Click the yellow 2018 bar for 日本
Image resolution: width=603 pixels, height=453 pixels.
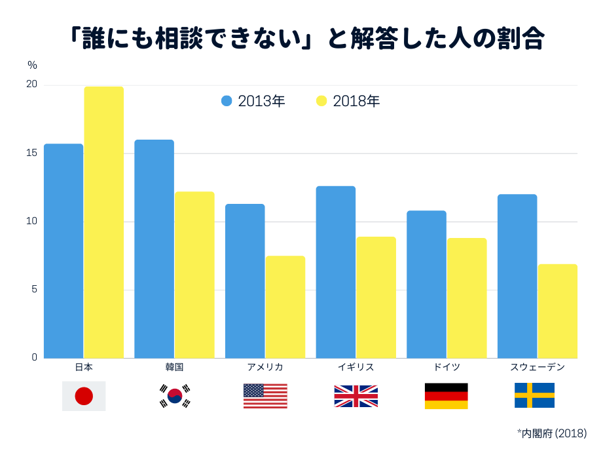point(103,223)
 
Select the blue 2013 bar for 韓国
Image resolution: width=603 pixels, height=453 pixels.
point(154,249)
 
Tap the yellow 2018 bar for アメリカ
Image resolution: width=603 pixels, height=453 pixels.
point(285,307)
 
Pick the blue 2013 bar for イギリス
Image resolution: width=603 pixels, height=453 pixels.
point(335,272)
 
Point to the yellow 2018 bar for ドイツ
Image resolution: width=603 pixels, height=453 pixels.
point(466,298)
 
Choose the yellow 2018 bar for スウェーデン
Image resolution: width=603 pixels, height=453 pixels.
point(557,311)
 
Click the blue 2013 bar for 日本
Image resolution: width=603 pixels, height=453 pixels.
point(64,251)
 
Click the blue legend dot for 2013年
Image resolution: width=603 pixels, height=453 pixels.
point(227,101)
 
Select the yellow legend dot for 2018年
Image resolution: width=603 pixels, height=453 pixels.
point(321,101)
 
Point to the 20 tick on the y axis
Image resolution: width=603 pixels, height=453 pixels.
point(31,85)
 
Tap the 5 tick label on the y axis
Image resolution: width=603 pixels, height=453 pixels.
point(34,289)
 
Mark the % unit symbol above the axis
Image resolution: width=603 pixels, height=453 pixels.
point(32,65)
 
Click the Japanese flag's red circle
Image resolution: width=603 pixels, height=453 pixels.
point(84,396)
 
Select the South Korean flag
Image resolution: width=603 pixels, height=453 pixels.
point(175,396)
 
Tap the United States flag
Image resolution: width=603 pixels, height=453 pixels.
point(265,396)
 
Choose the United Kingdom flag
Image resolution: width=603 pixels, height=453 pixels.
point(356,396)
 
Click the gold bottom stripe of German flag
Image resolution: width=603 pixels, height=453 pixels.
point(446,404)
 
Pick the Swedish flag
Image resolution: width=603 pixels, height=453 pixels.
point(534,395)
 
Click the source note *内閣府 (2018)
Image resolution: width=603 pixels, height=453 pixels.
point(551,433)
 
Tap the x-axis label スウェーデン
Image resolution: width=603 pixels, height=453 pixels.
point(537,367)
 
